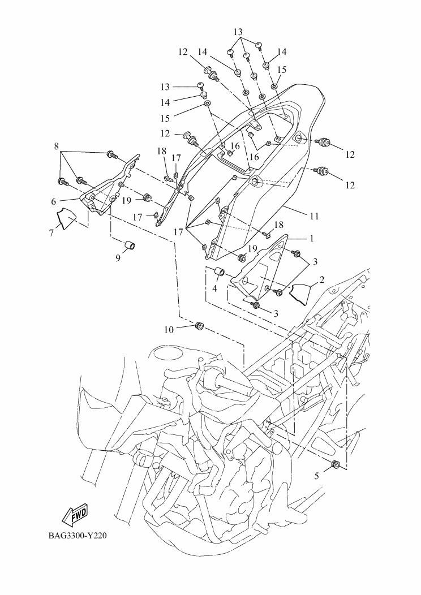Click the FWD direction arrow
[75, 515]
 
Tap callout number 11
[314, 216]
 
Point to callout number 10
[169, 330]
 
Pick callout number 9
[118, 258]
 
